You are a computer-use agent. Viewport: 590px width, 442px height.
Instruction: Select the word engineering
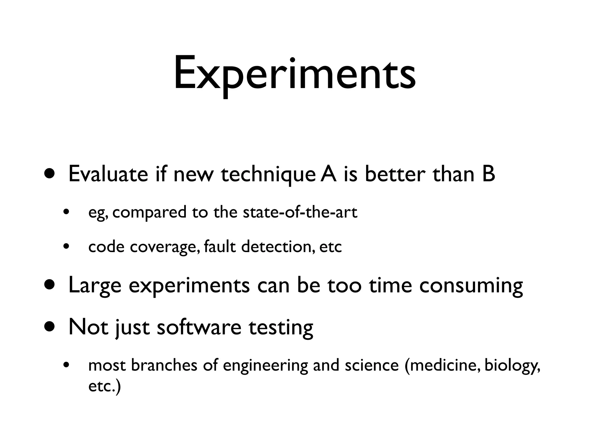click(x=265, y=366)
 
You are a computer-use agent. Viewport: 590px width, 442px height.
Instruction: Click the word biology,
click(x=512, y=366)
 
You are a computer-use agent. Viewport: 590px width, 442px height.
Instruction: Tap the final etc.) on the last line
click(x=104, y=386)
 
